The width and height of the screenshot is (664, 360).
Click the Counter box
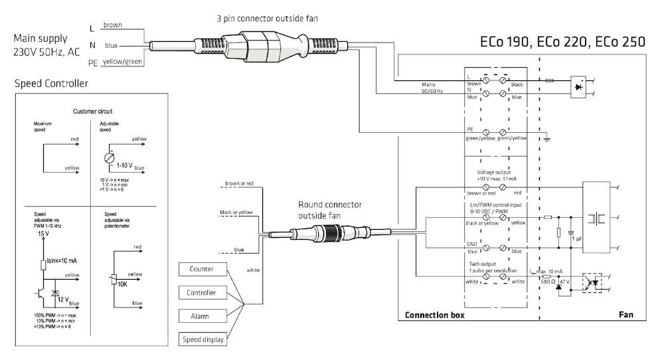(x=202, y=269)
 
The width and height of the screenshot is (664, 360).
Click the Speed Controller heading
(x=50, y=84)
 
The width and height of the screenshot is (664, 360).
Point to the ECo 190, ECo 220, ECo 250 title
(x=562, y=42)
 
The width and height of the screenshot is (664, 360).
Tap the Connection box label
(x=435, y=315)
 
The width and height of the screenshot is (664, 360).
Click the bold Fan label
(x=626, y=315)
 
